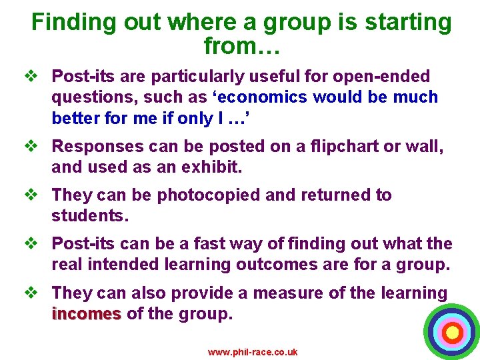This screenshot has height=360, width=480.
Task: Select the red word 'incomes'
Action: [x=86, y=314]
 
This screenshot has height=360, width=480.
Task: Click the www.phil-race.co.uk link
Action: [x=253, y=352]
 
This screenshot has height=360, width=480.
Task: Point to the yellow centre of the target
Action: [x=452, y=331]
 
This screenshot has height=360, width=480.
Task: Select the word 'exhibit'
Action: [x=206, y=167]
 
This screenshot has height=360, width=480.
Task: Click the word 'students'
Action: [x=89, y=216]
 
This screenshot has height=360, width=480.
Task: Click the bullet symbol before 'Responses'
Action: [x=37, y=146]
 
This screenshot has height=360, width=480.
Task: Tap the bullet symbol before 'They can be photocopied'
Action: [x=37, y=195]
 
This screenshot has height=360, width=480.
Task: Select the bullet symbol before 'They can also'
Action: [x=37, y=293]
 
